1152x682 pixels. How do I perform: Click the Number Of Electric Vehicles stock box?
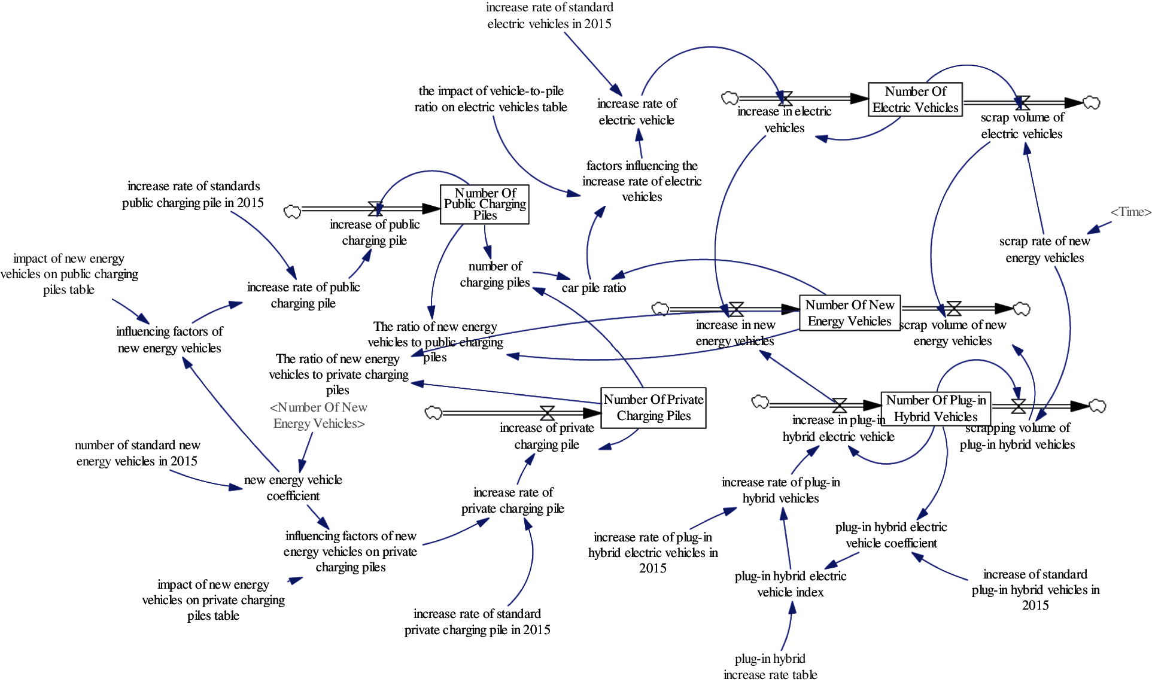point(915,99)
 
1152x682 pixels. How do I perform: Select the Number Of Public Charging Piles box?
point(484,205)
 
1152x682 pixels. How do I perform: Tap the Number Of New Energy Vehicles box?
point(849,313)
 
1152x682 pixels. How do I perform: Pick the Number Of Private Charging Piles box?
point(653,408)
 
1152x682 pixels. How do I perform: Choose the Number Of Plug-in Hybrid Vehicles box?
point(935,409)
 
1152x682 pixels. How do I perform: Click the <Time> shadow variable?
point(1130,212)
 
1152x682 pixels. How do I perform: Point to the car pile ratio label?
point(593,288)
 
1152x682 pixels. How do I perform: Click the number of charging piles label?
point(495,274)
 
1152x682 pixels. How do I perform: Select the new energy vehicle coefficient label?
point(293,488)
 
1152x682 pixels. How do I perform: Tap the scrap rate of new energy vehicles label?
point(1044,249)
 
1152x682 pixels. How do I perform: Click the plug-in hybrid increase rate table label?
point(770,666)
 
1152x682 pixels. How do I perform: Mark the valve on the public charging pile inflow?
point(375,209)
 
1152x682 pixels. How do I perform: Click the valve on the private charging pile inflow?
point(547,413)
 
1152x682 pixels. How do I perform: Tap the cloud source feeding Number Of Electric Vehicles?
point(730,98)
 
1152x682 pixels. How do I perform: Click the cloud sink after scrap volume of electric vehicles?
point(1092,103)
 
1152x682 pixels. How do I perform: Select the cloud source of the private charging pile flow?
point(433,413)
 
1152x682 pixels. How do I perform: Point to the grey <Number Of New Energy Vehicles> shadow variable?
point(318,415)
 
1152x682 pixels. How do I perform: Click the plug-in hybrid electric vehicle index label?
point(790,584)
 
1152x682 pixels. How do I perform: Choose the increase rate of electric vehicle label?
point(637,112)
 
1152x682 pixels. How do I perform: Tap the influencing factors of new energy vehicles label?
point(169,340)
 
